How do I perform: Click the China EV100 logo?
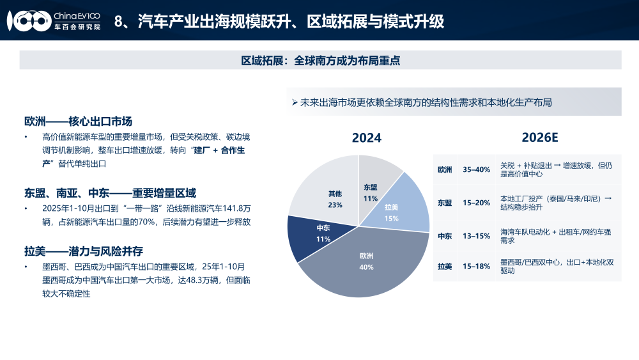pyautogui.click(x=54, y=20)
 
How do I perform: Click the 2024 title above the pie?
pyautogui.click(x=367, y=138)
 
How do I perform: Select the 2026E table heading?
pyautogui.click(x=540, y=137)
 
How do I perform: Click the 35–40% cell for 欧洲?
pyautogui.click(x=476, y=169)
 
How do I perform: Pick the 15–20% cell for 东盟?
pyautogui.click(x=476, y=203)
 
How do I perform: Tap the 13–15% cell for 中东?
pyautogui.click(x=476, y=236)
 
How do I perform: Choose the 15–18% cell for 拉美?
pyautogui.click(x=476, y=266)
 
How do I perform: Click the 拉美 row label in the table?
pyautogui.click(x=445, y=266)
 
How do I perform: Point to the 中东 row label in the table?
pyautogui.click(x=445, y=236)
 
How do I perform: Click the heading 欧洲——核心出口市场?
pyautogui.click(x=82, y=121)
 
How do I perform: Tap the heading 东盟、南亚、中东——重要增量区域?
pyautogui.click(x=110, y=193)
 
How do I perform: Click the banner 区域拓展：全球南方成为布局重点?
pyautogui.click(x=320, y=60)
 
